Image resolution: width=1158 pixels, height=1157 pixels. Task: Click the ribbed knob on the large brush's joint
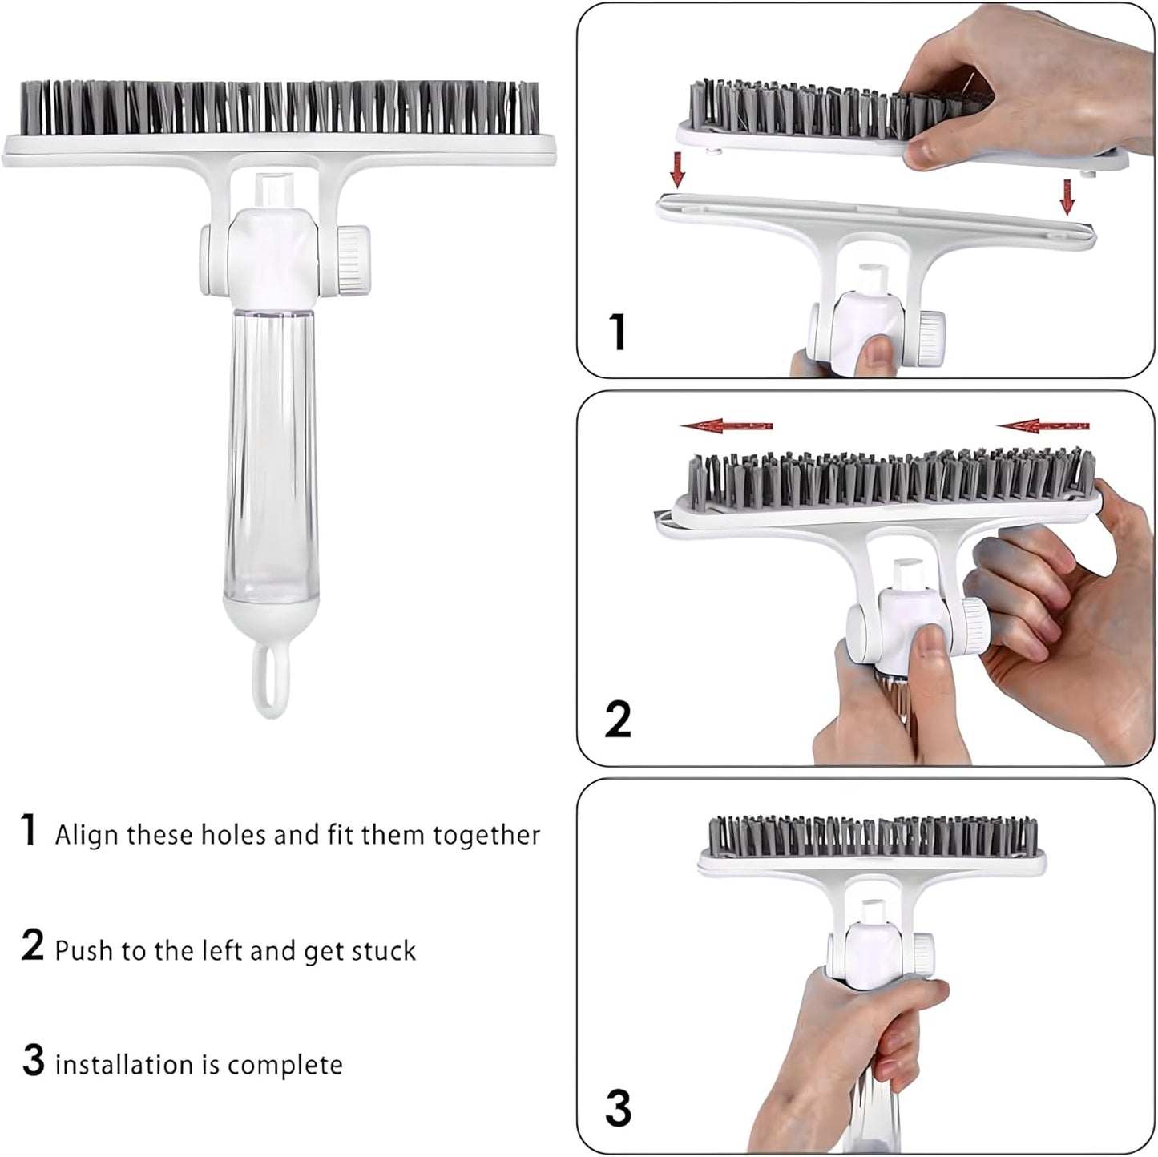click(x=353, y=260)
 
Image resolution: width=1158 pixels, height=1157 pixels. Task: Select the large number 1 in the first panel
click(x=616, y=332)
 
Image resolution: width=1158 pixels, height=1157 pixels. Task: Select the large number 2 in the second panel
click(x=617, y=719)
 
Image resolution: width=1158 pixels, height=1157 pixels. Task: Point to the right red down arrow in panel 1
click(x=1067, y=196)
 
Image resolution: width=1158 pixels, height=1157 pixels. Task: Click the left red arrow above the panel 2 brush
click(x=726, y=427)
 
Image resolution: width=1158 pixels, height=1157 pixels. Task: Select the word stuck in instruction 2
click(x=384, y=951)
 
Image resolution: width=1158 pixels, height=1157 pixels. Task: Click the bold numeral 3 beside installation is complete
click(x=33, y=1061)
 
